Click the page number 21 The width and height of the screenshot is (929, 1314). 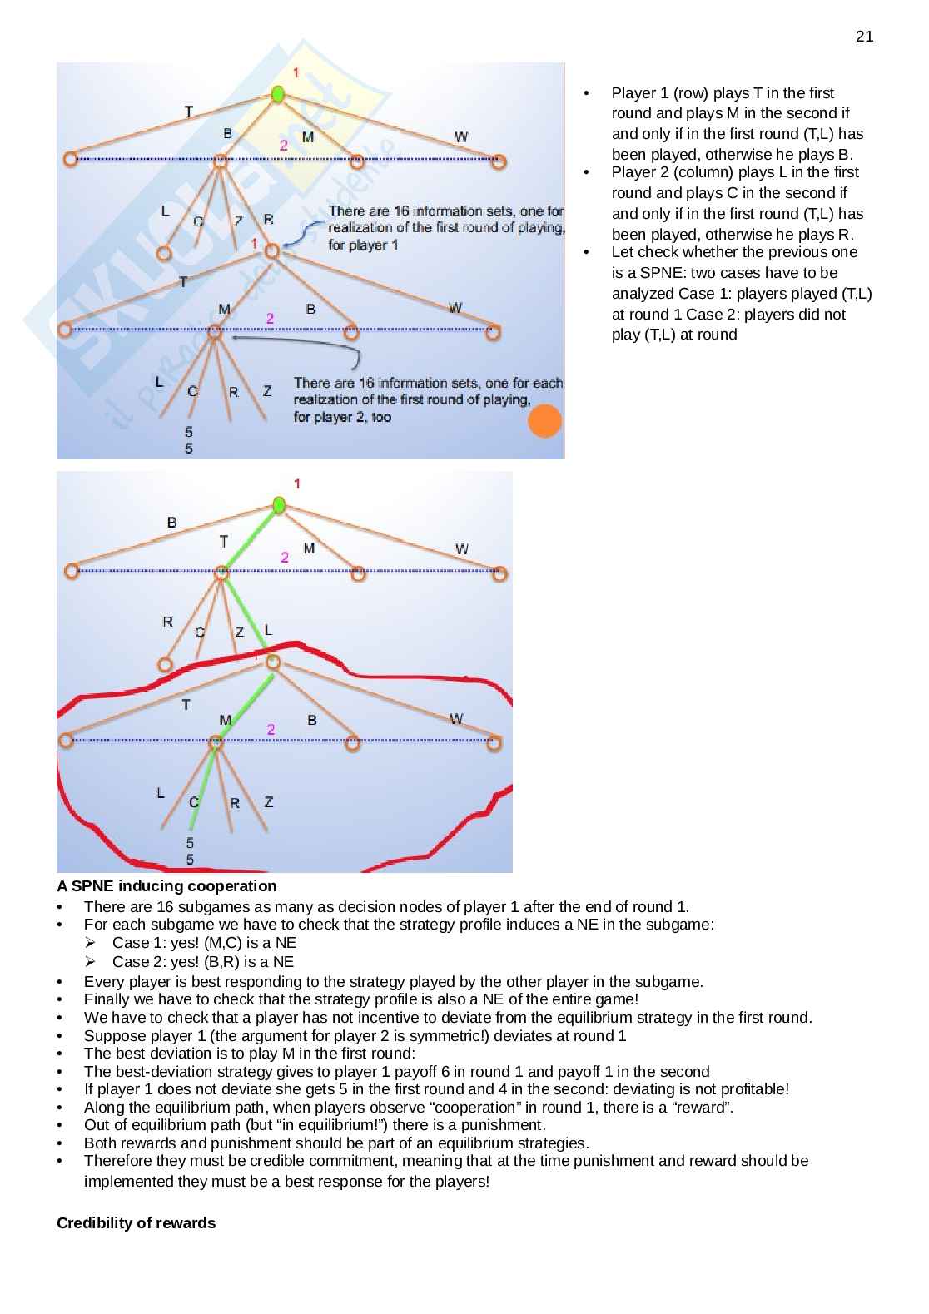click(x=864, y=36)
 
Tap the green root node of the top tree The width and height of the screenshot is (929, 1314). click(x=278, y=95)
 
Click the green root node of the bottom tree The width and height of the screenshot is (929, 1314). click(x=280, y=505)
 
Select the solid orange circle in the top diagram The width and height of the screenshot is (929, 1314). click(x=545, y=421)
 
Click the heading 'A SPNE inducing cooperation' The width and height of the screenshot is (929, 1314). click(x=166, y=885)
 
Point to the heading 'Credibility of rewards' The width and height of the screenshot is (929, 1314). click(x=136, y=1222)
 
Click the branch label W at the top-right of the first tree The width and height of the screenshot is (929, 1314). click(x=460, y=136)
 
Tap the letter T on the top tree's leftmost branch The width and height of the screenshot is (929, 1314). click(x=189, y=111)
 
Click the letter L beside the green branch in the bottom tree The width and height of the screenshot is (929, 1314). click(x=268, y=630)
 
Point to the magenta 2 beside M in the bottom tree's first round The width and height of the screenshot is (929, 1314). click(x=285, y=557)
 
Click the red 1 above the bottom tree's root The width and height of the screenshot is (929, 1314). click(x=297, y=483)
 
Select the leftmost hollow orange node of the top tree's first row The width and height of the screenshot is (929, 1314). click(x=70, y=159)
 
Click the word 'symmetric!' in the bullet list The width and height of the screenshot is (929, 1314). click(x=469, y=1035)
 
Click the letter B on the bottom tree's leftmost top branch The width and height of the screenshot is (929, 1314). click(x=171, y=523)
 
